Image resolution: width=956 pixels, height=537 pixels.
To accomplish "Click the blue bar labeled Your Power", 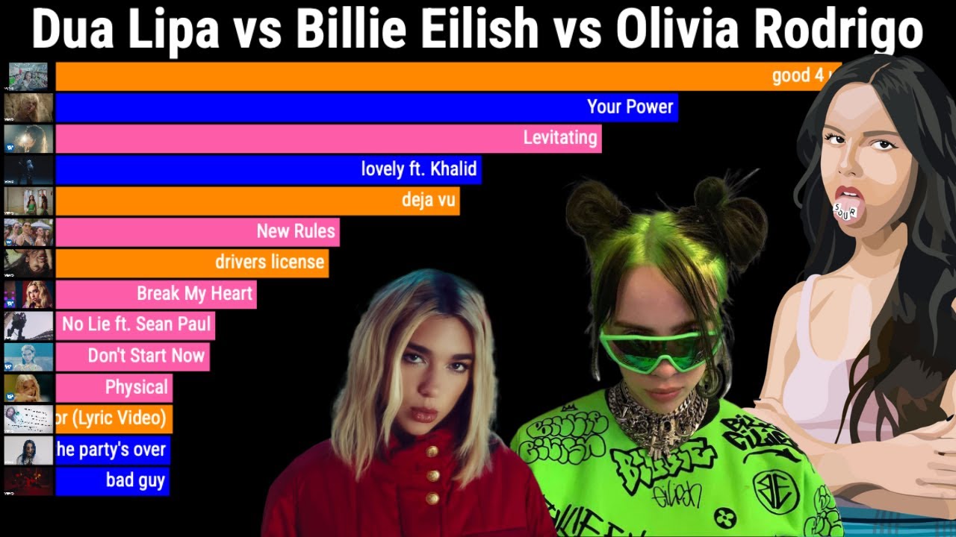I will pyautogui.click(x=366, y=107).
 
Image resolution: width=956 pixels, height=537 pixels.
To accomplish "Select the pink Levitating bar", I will pyautogui.click(x=329, y=138).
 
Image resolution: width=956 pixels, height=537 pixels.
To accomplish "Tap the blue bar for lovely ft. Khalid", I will pyautogui.click(x=269, y=169).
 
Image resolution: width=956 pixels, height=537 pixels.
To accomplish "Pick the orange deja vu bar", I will pyautogui.click(x=258, y=200).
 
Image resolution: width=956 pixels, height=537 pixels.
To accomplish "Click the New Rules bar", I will pyautogui.click(x=197, y=231).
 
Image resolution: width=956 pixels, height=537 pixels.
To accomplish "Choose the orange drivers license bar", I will pyautogui.click(x=192, y=263).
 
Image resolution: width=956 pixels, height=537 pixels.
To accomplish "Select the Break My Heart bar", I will pyautogui.click(x=156, y=294).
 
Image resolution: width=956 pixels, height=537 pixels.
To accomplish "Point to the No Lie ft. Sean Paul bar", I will pyautogui.click(x=135, y=325).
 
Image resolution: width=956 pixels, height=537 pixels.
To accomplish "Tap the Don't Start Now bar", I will pyautogui.click(x=132, y=356).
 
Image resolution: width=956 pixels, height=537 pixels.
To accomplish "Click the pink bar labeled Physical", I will pyautogui.click(x=114, y=387).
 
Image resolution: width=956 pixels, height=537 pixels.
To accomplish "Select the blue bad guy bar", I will pyautogui.click(x=113, y=480).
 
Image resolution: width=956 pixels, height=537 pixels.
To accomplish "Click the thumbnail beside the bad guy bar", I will pyautogui.click(x=28, y=481).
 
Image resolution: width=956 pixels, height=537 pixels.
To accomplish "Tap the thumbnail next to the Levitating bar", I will pyautogui.click(x=28, y=139).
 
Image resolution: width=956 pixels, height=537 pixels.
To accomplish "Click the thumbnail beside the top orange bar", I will pyautogui.click(x=28, y=76).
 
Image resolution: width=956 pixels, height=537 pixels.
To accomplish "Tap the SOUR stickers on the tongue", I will pyautogui.click(x=845, y=209).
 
